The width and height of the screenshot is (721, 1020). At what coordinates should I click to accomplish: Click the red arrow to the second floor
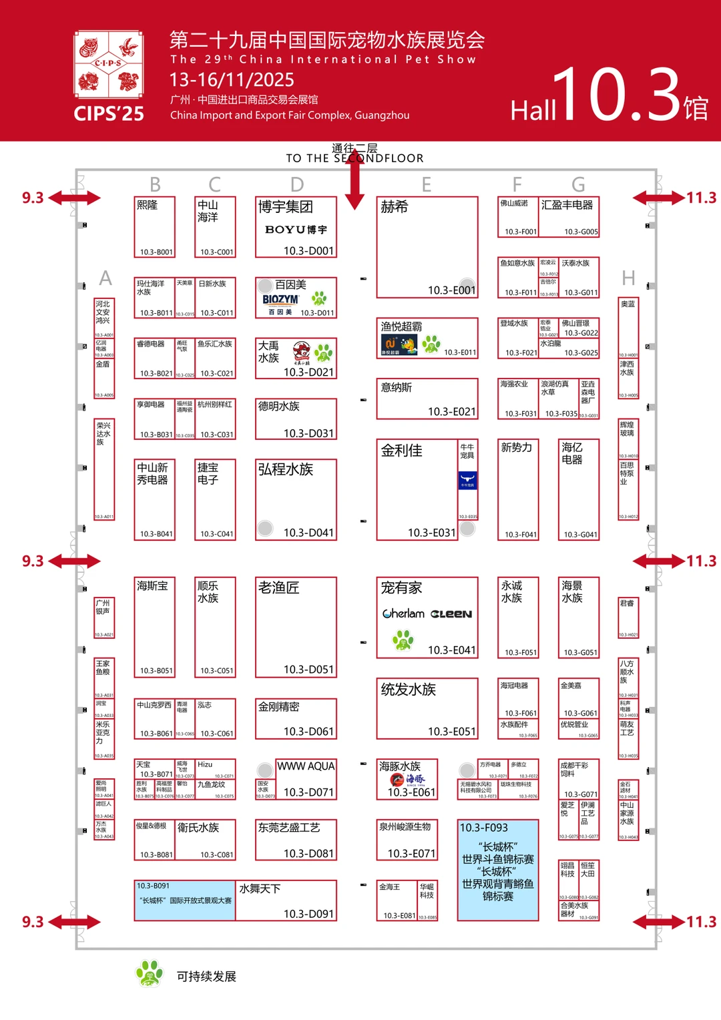[x=354, y=178]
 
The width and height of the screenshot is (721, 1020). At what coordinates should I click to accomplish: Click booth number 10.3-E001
[x=451, y=290]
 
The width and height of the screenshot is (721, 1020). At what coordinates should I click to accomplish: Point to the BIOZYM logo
[x=280, y=300]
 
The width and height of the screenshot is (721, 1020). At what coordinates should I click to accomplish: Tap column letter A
[x=105, y=278]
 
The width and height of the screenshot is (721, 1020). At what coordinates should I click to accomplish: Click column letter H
[x=628, y=278]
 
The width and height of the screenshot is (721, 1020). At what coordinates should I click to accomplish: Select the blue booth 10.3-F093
[x=498, y=870]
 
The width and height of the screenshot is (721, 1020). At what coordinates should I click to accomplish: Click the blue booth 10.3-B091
[x=185, y=901]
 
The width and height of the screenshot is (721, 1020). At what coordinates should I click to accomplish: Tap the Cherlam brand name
[x=403, y=613]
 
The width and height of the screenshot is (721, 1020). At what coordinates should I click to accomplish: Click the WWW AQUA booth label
[x=306, y=766]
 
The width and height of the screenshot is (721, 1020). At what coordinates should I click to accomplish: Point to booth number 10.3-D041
[x=308, y=533]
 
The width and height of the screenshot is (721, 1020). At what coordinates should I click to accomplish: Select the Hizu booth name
[x=205, y=764]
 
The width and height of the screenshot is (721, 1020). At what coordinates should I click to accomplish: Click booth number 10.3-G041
[x=580, y=535]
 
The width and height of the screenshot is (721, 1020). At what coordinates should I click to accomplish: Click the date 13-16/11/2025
[x=232, y=80]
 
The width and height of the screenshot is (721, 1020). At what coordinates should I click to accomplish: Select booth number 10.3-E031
[x=431, y=533]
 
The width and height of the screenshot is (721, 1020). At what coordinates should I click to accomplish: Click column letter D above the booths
[x=297, y=184]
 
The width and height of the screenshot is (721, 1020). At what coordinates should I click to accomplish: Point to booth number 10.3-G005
[x=581, y=232]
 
